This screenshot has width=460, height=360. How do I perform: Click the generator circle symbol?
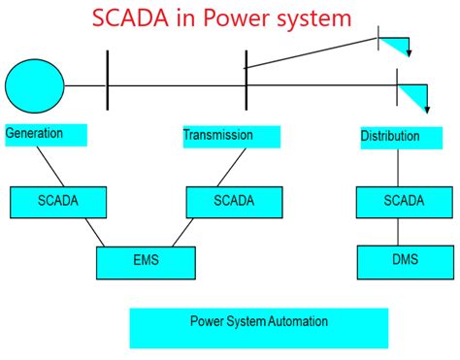click(35, 84)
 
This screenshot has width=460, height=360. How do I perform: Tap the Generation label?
click(35, 134)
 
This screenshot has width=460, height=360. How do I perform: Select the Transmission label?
click(218, 136)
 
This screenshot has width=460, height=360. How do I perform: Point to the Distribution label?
click(390, 137)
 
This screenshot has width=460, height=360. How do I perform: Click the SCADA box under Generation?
click(58, 201)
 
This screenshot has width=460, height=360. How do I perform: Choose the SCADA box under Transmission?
click(234, 201)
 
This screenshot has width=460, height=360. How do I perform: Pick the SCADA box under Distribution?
click(404, 201)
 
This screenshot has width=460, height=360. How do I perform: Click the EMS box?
click(145, 260)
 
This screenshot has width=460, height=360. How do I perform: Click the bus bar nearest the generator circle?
click(106, 85)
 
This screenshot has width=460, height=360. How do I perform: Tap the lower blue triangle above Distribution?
click(412, 96)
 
